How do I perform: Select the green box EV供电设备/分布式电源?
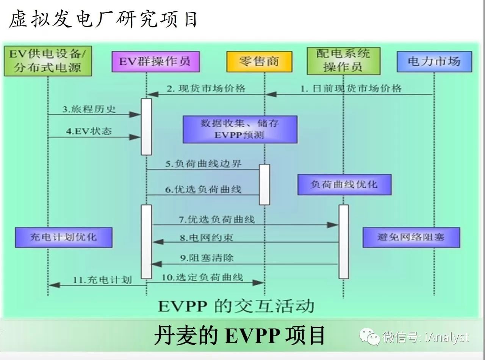pos(48,61)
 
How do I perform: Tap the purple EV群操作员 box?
pos(156,61)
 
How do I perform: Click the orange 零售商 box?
pos(259,61)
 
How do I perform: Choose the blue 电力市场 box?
pos(434,61)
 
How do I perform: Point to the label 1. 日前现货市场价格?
pos(351,89)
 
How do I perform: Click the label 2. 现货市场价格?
pos(207,89)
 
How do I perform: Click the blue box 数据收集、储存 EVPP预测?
pos(239,129)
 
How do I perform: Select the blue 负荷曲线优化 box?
pos(344,184)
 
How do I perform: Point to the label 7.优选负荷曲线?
pos(217,219)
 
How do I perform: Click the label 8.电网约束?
pos(207,238)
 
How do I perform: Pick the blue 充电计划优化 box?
pos(64,237)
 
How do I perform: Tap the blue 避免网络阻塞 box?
pos(411,237)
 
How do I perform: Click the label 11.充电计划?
pos(102,280)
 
